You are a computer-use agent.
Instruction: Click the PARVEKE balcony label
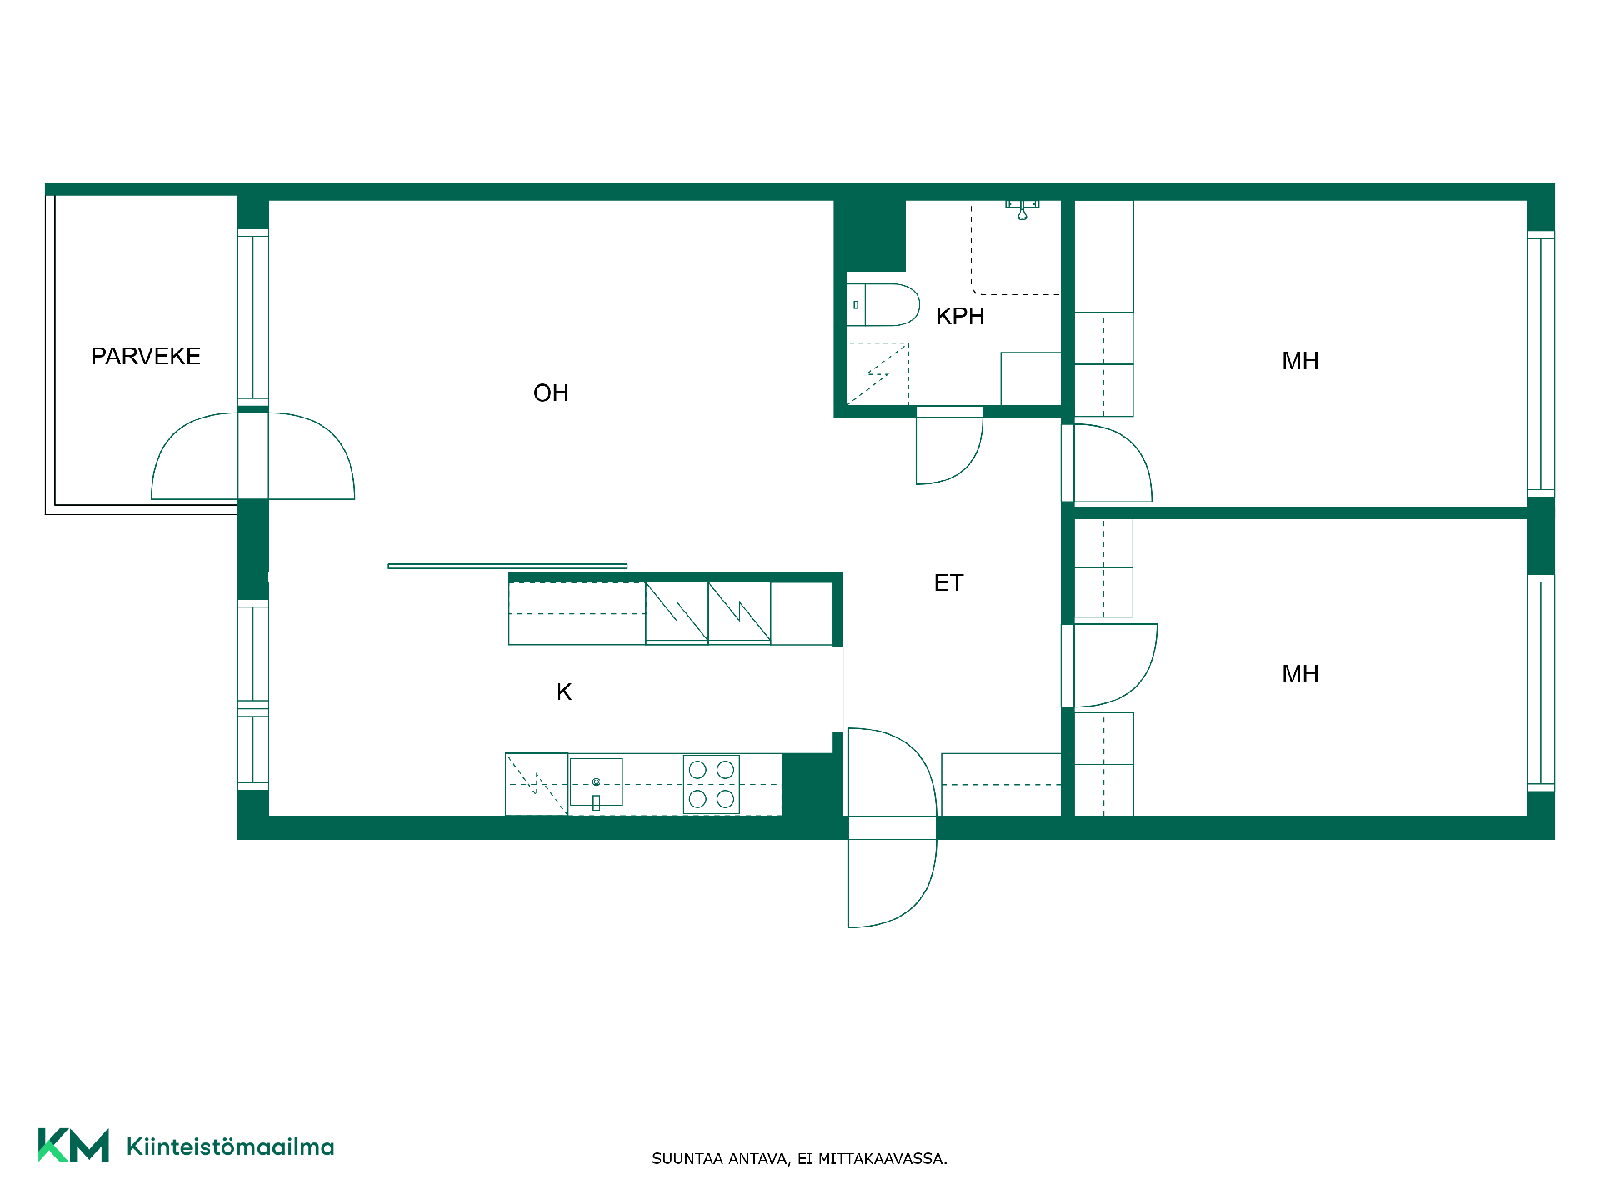point(146,357)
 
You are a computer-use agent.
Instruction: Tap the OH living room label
point(551,393)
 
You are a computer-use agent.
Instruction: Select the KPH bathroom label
point(960,317)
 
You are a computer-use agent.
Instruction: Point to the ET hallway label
point(948,583)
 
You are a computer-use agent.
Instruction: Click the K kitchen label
point(564,692)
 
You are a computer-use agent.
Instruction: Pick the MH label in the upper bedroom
point(1300,361)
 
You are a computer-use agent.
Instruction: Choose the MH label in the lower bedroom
point(1300,674)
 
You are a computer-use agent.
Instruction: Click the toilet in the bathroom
point(883,305)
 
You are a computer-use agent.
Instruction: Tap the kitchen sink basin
point(596,782)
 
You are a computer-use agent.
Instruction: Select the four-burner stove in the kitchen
point(712,784)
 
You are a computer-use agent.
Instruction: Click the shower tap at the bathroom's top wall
point(1022,209)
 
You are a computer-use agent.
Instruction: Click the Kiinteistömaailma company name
point(230,1147)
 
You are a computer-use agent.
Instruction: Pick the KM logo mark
point(73,1146)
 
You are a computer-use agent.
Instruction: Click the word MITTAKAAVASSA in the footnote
point(882,1159)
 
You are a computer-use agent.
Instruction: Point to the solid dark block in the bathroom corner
point(870,236)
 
